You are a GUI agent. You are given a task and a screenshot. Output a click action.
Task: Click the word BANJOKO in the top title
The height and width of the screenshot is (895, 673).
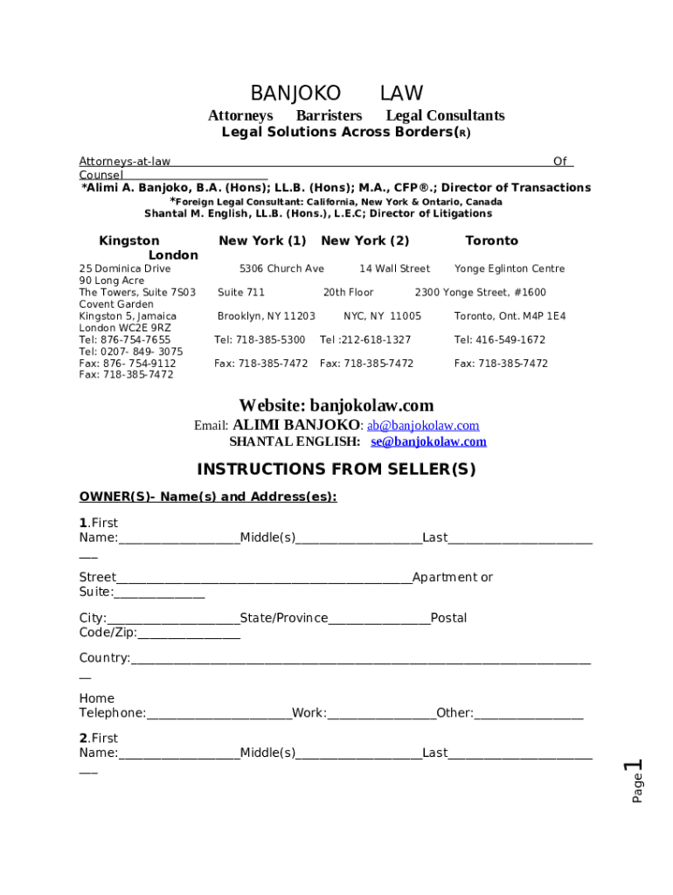click(295, 94)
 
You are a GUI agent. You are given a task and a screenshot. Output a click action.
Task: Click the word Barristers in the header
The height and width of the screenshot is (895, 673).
click(329, 115)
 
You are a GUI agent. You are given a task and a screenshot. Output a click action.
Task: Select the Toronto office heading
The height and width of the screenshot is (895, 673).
click(491, 240)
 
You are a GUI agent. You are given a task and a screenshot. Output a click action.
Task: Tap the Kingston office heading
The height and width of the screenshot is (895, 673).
click(129, 240)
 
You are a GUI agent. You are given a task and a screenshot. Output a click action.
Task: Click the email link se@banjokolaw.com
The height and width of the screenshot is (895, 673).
click(434, 442)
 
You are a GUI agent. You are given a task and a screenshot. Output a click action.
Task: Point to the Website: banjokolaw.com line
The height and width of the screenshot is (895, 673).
click(336, 406)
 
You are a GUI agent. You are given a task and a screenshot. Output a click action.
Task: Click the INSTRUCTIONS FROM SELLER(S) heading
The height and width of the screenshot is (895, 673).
click(336, 470)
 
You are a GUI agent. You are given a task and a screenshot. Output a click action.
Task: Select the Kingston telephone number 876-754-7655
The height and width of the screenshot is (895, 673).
click(125, 340)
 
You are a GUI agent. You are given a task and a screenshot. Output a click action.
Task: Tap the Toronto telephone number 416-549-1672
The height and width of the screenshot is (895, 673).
click(499, 340)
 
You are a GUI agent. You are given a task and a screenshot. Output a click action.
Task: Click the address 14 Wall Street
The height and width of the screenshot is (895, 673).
click(394, 269)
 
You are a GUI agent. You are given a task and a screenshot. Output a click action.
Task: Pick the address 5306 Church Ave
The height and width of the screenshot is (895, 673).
click(281, 269)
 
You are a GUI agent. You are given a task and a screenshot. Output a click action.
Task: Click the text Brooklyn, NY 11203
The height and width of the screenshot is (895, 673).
click(266, 316)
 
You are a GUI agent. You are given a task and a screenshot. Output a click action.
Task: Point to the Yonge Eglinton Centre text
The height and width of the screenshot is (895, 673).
click(510, 269)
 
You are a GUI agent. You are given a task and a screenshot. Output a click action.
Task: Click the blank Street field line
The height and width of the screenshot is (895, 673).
click(263, 579)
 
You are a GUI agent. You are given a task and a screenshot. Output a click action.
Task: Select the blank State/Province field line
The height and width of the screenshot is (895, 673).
click(379, 620)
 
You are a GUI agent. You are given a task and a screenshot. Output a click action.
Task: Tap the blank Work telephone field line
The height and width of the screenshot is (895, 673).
click(381, 714)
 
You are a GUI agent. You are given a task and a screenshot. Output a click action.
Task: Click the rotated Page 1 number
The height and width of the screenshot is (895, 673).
click(635, 781)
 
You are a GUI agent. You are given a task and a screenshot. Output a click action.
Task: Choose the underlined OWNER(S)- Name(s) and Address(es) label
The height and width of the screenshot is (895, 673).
click(207, 496)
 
